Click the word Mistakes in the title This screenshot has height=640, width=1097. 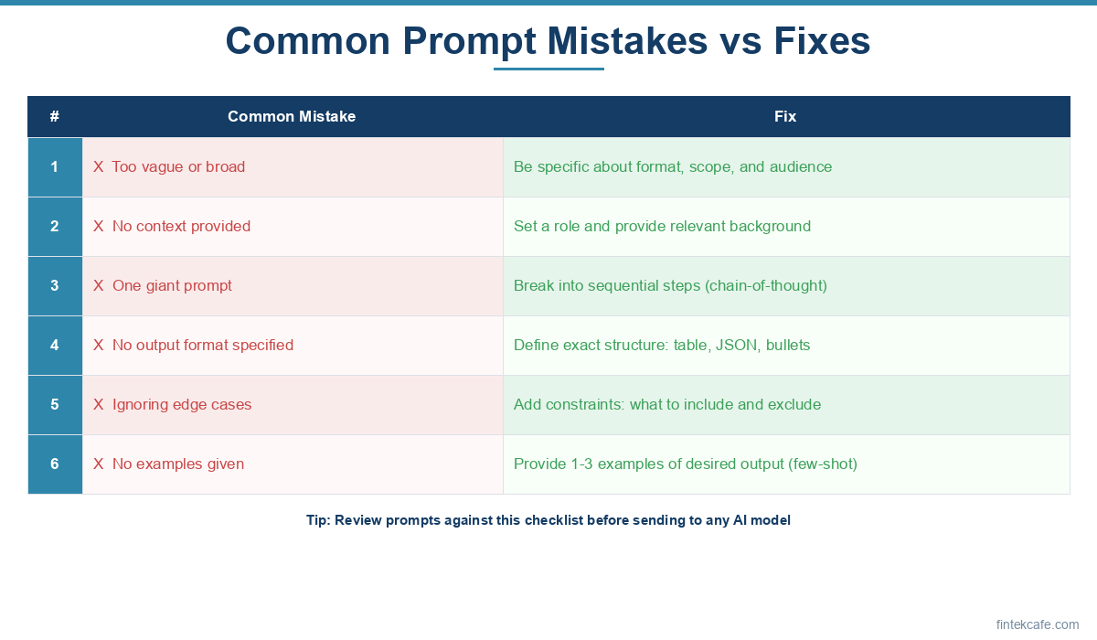(627, 41)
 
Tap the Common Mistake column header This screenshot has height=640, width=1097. (292, 116)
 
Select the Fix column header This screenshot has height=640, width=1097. (785, 116)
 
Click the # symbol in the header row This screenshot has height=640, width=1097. (54, 116)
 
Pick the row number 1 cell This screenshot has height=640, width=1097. (55, 167)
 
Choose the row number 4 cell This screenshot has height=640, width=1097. (55, 346)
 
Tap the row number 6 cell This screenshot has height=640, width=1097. (55, 464)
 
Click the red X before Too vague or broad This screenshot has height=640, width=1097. (99, 167)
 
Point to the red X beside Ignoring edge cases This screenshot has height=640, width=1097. (99, 404)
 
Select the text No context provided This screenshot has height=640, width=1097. (181, 226)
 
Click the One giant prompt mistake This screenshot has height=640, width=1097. (172, 286)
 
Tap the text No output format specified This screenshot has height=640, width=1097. (203, 346)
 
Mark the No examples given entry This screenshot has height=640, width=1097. (178, 464)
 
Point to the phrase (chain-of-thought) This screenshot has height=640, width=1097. (766, 286)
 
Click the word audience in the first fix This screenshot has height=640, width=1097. (801, 167)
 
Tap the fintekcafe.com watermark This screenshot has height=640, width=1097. (1038, 624)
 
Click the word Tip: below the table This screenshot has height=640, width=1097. (318, 520)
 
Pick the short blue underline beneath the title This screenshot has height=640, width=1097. (548, 69)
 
